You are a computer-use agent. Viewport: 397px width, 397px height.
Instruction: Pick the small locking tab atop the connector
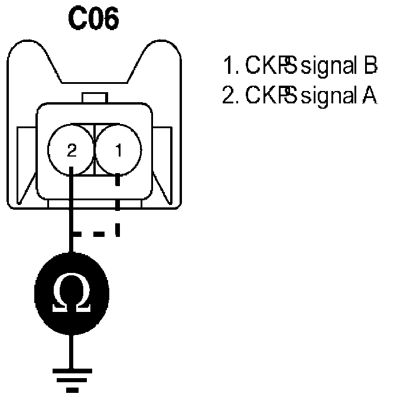click(x=95, y=97)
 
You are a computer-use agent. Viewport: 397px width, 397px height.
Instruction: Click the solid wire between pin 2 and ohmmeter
click(x=71, y=213)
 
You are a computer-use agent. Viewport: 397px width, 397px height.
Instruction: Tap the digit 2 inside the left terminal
click(x=71, y=151)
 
